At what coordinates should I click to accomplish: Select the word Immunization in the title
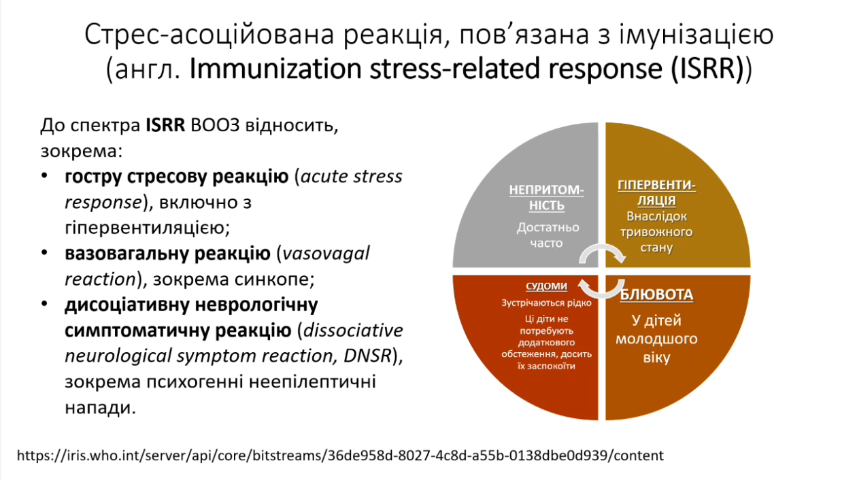[275, 69]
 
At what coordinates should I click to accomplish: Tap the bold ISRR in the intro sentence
[165, 125]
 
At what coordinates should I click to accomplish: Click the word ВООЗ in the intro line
[215, 125]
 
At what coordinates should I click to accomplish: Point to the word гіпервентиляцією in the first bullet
[147, 228]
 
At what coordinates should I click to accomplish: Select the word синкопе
[274, 279]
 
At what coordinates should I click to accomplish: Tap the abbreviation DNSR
[367, 356]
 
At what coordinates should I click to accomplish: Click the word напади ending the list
[100, 408]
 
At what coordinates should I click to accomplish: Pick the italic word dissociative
[353, 330]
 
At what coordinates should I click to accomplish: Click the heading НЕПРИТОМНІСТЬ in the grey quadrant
[546, 197]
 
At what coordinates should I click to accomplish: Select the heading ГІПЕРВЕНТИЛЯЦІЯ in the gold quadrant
[656, 193]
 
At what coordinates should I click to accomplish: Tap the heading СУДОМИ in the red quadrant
[546, 286]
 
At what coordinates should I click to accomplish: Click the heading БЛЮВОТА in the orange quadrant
[656, 295]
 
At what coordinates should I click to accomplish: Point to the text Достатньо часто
[547, 235]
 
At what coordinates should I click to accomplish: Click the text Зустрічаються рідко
[546, 303]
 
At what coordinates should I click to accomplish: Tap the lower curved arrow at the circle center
[602, 294]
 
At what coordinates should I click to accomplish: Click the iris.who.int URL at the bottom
[340, 456]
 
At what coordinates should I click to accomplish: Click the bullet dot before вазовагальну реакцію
[44, 253]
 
